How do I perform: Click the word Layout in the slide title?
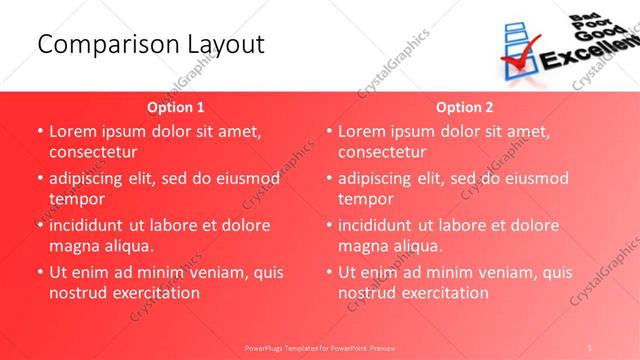tap(226, 44)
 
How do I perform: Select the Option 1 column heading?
tap(176, 107)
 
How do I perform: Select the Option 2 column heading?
tap(465, 107)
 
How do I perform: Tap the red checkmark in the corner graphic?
tap(519, 50)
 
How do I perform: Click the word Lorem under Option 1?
tap(73, 131)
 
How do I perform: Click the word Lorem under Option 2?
tap(362, 131)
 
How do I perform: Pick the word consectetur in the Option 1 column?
tap(93, 152)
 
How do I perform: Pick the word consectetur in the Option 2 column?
tap(382, 152)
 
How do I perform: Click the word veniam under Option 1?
tap(207, 272)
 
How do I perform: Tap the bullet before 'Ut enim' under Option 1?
tap(39, 272)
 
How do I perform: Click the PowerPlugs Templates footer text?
tap(319, 347)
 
